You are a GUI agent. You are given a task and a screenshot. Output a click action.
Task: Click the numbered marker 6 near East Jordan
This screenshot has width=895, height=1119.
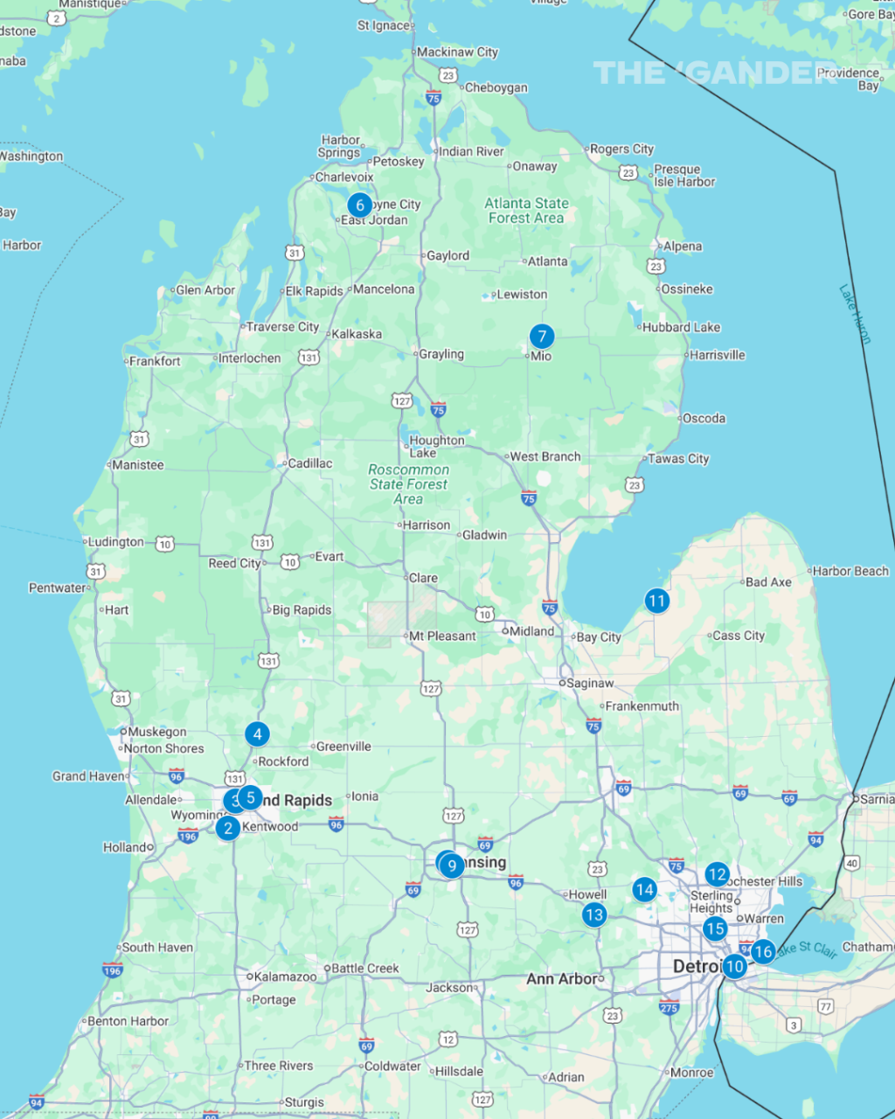(x=359, y=205)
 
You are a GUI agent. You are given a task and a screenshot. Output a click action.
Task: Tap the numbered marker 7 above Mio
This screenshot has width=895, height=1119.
(x=542, y=336)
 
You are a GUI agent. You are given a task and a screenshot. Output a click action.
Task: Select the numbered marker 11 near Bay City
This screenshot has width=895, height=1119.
(x=656, y=601)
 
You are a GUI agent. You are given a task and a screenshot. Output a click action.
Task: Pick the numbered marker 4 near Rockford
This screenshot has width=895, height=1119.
(x=257, y=733)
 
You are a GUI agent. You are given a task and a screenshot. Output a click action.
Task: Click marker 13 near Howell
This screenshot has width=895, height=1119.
(x=594, y=914)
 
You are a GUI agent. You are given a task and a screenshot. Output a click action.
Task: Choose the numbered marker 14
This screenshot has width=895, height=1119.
(x=645, y=890)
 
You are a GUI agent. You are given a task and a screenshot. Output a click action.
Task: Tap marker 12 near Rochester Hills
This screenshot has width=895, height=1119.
(x=717, y=874)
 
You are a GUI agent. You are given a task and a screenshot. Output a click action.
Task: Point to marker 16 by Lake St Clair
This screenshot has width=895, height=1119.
(x=763, y=952)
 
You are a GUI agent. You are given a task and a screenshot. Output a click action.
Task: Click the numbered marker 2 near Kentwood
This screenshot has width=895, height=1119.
(x=228, y=828)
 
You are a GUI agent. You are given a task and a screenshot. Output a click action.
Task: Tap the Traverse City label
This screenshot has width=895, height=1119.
(x=282, y=327)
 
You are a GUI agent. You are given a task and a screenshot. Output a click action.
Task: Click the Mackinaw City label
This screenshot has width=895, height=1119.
(x=457, y=52)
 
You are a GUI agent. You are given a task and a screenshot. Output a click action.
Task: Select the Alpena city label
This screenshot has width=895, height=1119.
(x=683, y=247)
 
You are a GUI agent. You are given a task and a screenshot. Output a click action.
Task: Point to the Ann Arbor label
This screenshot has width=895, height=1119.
(x=561, y=979)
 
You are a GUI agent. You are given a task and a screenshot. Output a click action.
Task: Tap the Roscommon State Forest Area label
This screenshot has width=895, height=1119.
(x=408, y=484)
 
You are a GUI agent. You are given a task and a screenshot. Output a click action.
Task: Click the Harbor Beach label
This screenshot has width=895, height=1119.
(x=850, y=572)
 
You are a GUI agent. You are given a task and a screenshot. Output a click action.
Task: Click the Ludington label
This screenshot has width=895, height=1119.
(x=115, y=542)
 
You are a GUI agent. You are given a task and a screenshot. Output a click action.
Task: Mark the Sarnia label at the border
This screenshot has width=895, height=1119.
(x=878, y=799)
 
